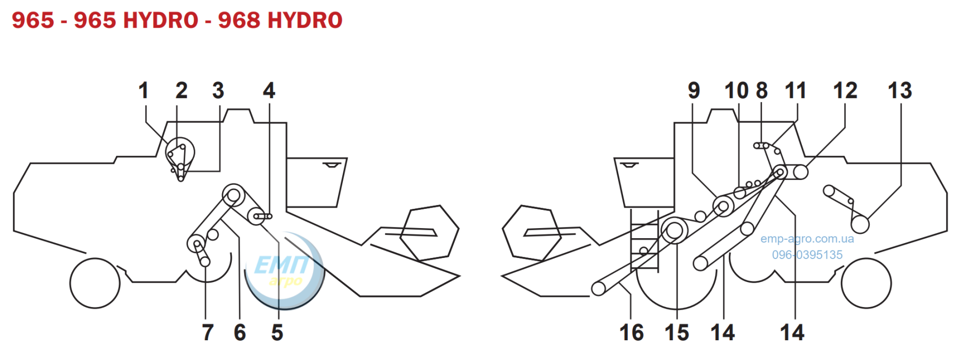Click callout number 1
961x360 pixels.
143,90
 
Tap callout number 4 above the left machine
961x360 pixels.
269,90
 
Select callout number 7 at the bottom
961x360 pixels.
208,332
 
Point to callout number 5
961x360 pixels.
277,332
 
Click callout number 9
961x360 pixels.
694,90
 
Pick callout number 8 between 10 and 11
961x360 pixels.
762,90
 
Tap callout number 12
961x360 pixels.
845,90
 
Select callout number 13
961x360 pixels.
900,90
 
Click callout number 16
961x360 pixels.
632,332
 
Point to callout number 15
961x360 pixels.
677,332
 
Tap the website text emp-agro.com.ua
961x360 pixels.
807,239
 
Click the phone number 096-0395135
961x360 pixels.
807,255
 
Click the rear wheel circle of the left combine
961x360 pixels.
95,283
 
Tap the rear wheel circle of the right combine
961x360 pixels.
866,283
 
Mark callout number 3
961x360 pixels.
218,90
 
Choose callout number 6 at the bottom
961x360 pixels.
240,332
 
